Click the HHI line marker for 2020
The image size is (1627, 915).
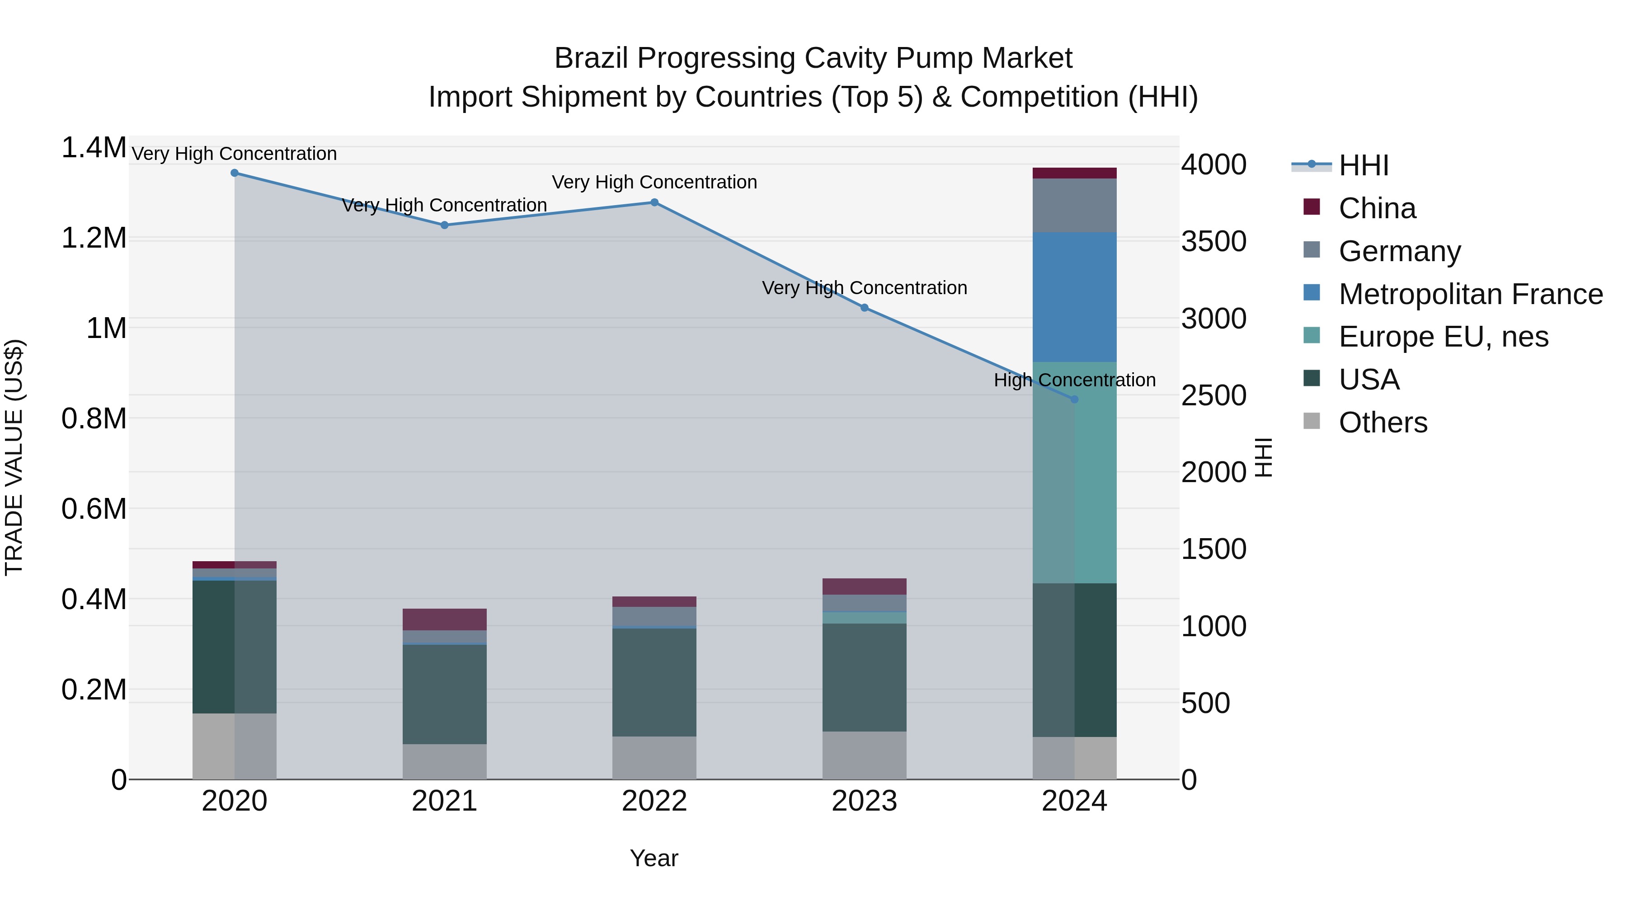234,173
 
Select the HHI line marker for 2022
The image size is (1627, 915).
654,203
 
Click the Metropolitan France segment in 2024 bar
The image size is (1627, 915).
1074,297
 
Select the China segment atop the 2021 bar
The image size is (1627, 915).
445,619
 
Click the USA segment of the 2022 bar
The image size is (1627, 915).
654,682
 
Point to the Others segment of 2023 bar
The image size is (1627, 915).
864,755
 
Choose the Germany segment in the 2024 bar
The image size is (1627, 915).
1074,205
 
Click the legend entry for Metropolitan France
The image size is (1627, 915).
1470,294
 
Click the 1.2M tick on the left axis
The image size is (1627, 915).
94,239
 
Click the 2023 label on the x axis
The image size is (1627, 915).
864,801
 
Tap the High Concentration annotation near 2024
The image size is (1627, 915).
1074,380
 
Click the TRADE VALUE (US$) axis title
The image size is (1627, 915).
14,457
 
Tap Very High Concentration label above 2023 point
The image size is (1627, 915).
864,288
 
